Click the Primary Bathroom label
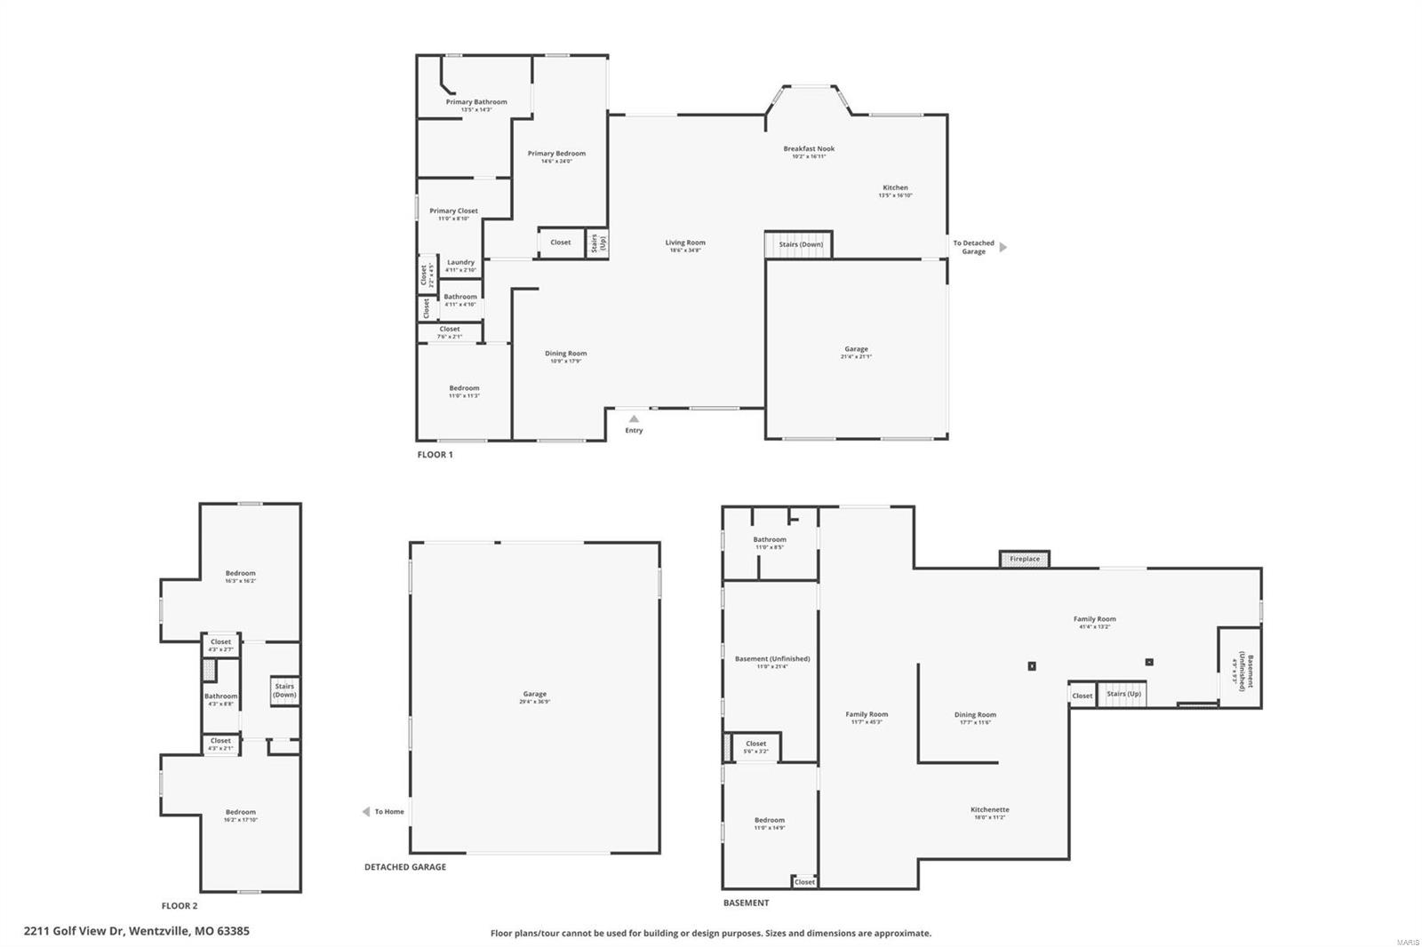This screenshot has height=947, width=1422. pyautogui.click(x=476, y=102)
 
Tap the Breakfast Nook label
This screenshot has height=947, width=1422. pyautogui.click(x=809, y=149)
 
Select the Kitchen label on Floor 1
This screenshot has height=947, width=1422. pyautogui.click(x=895, y=188)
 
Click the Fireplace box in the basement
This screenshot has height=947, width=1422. pyautogui.click(x=1025, y=559)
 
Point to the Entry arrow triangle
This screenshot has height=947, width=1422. pyautogui.click(x=634, y=418)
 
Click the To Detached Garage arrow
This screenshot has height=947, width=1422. pyautogui.click(x=1003, y=247)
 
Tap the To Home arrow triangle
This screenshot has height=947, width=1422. pyautogui.click(x=366, y=812)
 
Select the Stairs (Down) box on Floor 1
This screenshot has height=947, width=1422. pyautogui.click(x=799, y=244)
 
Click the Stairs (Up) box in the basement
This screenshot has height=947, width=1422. pyautogui.click(x=1122, y=694)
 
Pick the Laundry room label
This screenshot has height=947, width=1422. pyautogui.click(x=460, y=263)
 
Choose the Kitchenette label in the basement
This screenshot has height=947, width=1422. pyautogui.click(x=989, y=810)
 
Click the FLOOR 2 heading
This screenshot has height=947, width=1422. pyautogui.click(x=180, y=906)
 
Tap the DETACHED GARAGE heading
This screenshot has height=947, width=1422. pyautogui.click(x=405, y=867)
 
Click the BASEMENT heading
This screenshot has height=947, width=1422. pyautogui.click(x=746, y=903)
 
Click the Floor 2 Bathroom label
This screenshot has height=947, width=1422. pyautogui.click(x=220, y=696)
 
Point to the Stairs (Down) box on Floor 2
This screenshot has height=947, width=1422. pyautogui.click(x=284, y=690)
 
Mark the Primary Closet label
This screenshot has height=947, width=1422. pyautogui.click(x=453, y=211)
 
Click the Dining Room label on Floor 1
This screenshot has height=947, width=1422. pyautogui.click(x=565, y=354)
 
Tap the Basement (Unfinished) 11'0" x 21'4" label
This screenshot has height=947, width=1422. pyautogui.click(x=772, y=659)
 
